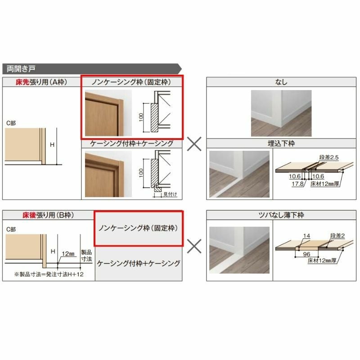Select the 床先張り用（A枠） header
click(41, 82)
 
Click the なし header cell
click(281, 82)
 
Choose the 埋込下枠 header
click(281, 144)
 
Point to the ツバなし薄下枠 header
click(281, 216)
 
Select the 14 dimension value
click(307, 235)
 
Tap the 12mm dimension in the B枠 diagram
click(68, 253)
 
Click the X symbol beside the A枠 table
click(194, 144)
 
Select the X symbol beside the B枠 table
click(194, 246)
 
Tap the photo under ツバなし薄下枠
click(239, 248)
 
